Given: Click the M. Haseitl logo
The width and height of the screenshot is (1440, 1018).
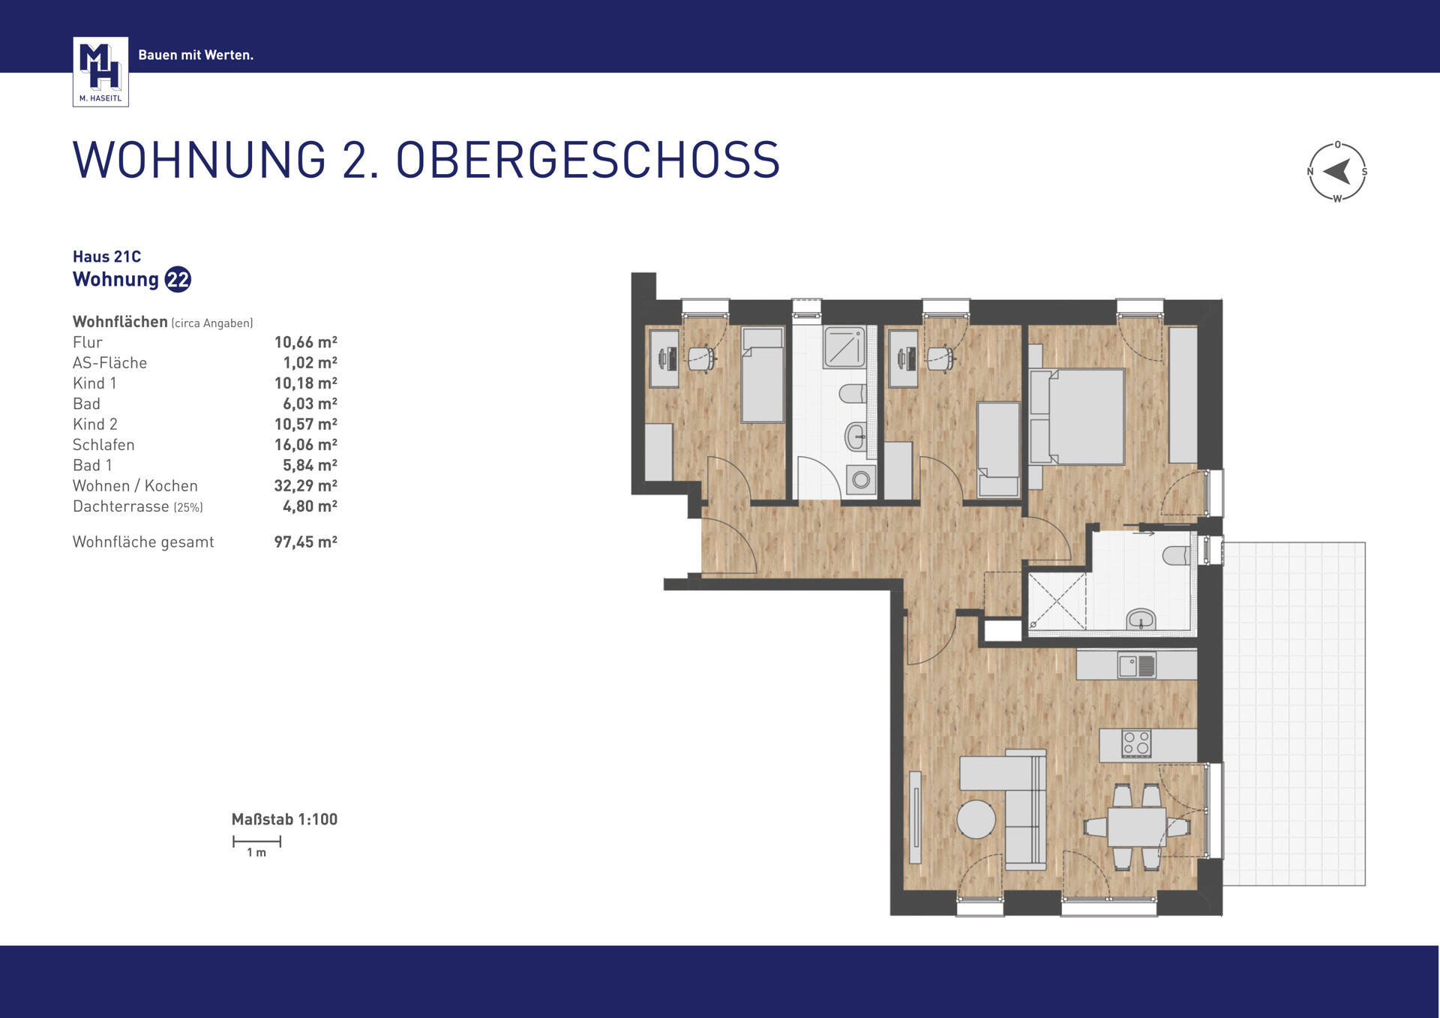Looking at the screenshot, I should (100, 71).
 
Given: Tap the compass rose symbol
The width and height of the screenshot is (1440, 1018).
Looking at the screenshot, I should (1337, 172).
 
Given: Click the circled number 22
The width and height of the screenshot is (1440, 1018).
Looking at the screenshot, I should (178, 280).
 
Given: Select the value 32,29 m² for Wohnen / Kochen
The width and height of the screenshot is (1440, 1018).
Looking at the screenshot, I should (305, 486).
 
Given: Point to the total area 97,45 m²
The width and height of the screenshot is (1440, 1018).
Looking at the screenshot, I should (305, 542).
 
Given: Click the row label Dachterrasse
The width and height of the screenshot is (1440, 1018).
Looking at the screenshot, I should (121, 507).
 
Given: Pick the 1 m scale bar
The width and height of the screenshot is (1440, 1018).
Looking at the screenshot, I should (256, 842).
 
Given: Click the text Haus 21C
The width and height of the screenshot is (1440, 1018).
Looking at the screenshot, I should (106, 257).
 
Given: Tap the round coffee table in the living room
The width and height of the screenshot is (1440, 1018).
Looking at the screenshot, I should (976, 818).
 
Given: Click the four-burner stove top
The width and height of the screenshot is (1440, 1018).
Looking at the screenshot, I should (1135, 743).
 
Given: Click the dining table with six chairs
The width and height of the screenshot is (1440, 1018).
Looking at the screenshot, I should (1136, 827).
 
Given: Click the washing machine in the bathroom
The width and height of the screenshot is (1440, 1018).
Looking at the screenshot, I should (861, 479).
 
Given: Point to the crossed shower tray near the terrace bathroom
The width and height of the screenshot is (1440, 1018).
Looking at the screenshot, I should (1057, 600).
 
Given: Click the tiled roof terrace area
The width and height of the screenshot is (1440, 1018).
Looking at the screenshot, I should (1294, 713).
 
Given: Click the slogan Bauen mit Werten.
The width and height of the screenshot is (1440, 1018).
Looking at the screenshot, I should (196, 55).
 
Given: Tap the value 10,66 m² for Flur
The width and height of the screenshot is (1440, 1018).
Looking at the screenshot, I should (305, 343).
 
